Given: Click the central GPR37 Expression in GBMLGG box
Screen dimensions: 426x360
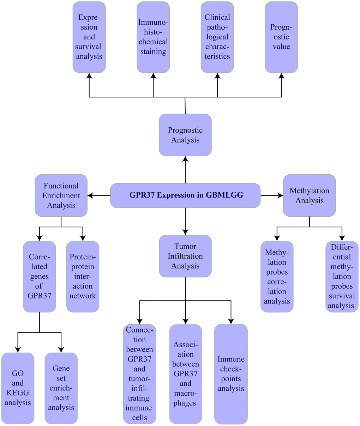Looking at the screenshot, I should (185, 195).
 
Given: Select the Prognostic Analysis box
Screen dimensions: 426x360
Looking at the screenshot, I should (185, 135).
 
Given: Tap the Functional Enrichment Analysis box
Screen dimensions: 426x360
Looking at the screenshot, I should (61, 195).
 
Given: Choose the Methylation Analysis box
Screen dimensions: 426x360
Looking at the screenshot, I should (310, 195).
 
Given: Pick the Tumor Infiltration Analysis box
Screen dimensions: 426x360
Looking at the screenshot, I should (185, 256).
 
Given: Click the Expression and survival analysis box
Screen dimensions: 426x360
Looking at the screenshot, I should (89, 37).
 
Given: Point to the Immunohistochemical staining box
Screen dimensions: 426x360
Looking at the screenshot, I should (153, 37).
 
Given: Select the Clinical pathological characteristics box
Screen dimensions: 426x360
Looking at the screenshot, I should (217, 37).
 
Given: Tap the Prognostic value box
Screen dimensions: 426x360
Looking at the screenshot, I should (281, 37).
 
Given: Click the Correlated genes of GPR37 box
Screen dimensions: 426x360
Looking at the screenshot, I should (40, 276).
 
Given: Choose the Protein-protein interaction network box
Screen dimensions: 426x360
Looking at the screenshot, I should (83, 276).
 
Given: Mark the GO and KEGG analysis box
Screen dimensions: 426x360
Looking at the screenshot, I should (18, 388).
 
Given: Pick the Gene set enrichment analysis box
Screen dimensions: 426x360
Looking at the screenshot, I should (61, 388).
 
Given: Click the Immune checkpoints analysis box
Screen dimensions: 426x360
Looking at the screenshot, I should (231, 374).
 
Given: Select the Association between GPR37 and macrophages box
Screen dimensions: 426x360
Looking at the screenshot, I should (186, 374).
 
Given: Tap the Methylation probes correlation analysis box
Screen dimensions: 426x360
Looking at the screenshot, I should (277, 276).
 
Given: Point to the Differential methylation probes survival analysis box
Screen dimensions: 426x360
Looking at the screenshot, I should (342, 276).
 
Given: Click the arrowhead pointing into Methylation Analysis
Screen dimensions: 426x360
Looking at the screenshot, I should (281, 195).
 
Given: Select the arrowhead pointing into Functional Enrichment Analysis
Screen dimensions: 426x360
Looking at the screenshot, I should (90, 195).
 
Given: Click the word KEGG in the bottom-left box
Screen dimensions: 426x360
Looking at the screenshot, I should (18, 393).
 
